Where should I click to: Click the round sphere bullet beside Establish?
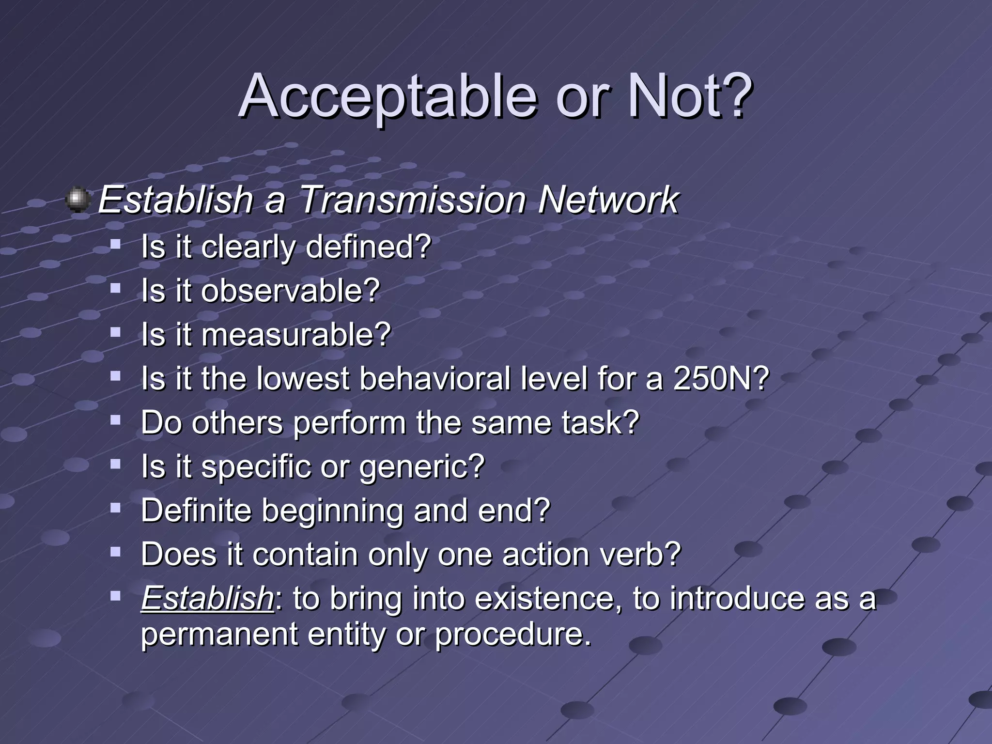coord(77,200)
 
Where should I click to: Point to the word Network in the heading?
coord(608,200)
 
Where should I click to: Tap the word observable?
coord(291,291)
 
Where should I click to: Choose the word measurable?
coord(296,335)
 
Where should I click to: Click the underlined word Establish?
coord(208,598)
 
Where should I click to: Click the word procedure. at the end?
coord(513,634)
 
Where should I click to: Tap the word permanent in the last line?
coord(219,634)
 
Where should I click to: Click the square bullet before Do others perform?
coord(115,420)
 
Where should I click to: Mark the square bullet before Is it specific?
coord(115,464)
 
